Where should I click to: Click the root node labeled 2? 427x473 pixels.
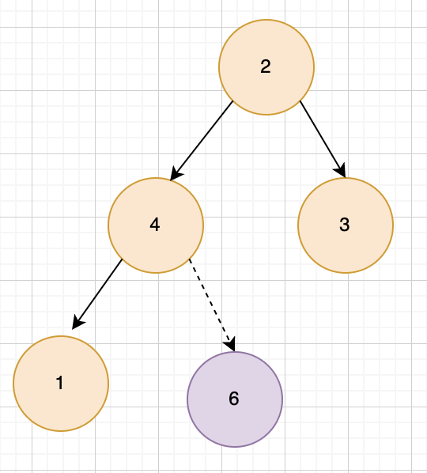pyautogui.click(x=266, y=67)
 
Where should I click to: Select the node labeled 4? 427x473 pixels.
pyautogui.click(x=156, y=225)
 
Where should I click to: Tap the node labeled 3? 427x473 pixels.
pyautogui.click(x=346, y=225)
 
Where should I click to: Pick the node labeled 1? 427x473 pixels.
pyautogui.click(x=61, y=384)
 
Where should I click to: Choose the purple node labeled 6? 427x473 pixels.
pyautogui.click(x=235, y=399)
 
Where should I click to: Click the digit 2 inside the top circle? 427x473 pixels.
pyautogui.click(x=266, y=66)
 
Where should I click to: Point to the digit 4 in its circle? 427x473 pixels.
pyautogui.click(x=155, y=225)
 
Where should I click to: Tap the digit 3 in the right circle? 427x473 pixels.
pyautogui.click(x=345, y=225)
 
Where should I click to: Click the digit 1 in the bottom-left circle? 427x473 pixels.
pyautogui.click(x=60, y=383)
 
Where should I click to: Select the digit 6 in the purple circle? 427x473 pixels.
pyautogui.click(x=234, y=399)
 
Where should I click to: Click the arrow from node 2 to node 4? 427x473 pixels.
pyautogui.click(x=202, y=141)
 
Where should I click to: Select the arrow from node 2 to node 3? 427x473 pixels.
pyautogui.click(x=323, y=139)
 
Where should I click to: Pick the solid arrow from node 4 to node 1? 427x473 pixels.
pyautogui.click(x=97, y=294)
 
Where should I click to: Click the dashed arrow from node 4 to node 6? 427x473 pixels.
pyautogui.click(x=212, y=305)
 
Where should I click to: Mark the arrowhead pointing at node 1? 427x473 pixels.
pyautogui.click(x=77, y=323)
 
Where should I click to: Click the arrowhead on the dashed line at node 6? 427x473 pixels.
pyautogui.click(x=230, y=345)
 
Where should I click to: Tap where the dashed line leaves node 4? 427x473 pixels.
pyautogui.click(x=189, y=259)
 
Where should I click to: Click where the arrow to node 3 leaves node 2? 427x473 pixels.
pyautogui.click(x=300, y=101)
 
